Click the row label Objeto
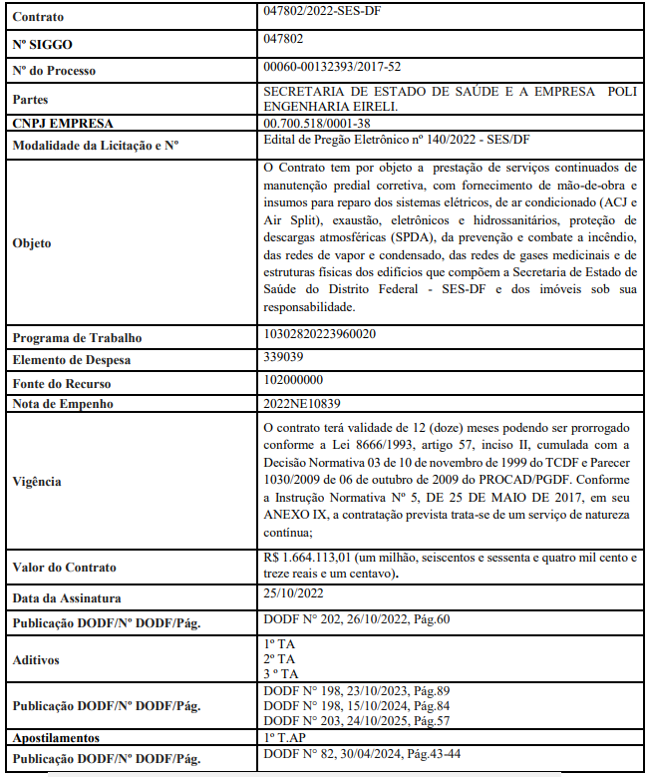(x=31, y=242)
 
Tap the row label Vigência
(x=36, y=482)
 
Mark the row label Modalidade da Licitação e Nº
(x=95, y=146)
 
